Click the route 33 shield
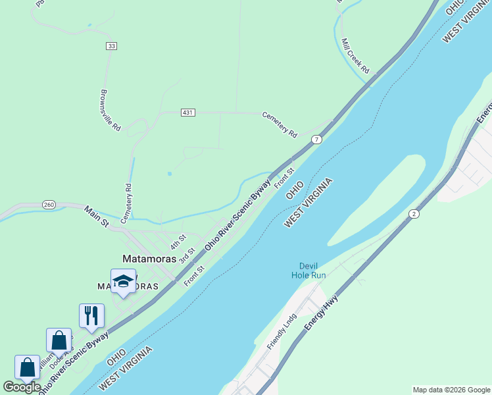[x=111, y=46]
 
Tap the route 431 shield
[x=188, y=113]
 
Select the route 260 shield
[x=49, y=204]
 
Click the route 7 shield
[x=317, y=140]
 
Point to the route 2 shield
[x=414, y=213]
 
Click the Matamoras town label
[x=150, y=259]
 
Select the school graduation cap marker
[x=123, y=282]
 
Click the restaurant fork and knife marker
[x=91, y=315]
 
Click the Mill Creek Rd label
[x=355, y=55]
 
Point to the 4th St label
[x=178, y=241]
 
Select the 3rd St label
[x=187, y=254]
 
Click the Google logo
[x=22, y=387]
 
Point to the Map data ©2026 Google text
[x=452, y=390]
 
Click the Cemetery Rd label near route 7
[x=280, y=124]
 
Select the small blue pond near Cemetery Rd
[x=170, y=174]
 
